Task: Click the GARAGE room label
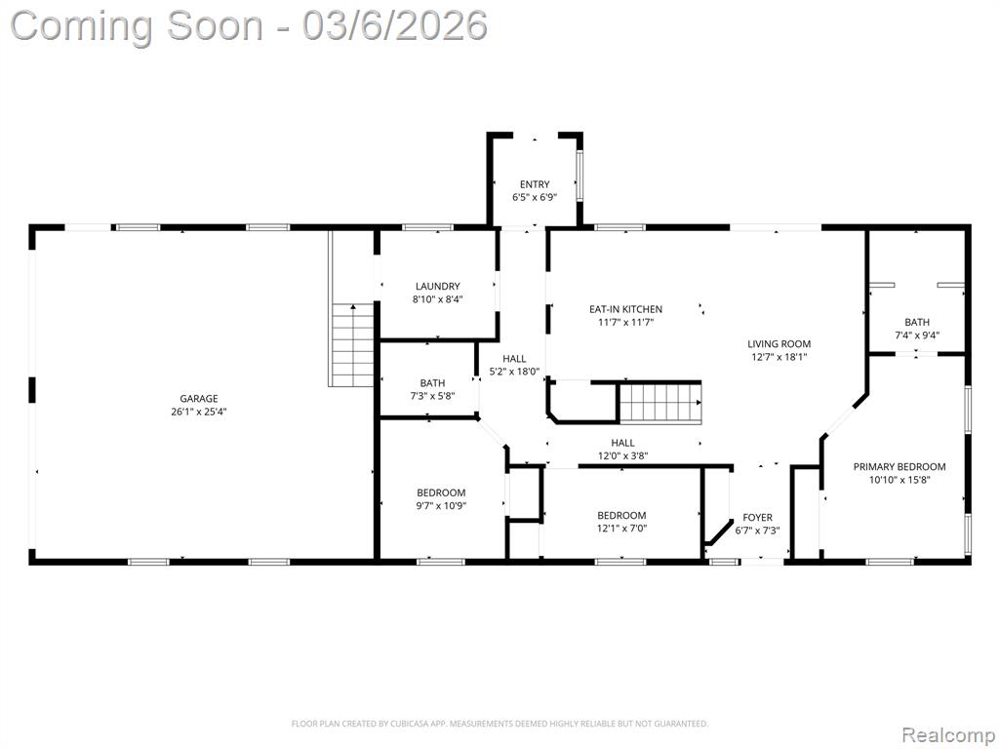tap(198, 399)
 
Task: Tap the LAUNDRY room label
tap(437, 287)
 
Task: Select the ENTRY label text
tap(535, 184)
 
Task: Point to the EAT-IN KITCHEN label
tap(625, 309)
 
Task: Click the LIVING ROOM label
tap(779, 344)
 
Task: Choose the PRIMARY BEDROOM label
tap(899, 467)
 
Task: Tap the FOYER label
tap(757, 518)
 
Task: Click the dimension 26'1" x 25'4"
tap(198, 413)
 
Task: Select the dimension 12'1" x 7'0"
tap(621, 529)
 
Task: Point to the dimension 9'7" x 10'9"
tap(441, 506)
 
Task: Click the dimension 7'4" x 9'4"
tap(917, 335)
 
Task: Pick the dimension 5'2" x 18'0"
tap(514, 372)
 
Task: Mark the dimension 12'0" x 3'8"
tap(622, 456)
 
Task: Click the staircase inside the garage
tap(351, 344)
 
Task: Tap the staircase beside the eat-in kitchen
tap(660, 403)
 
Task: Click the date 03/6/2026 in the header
tap(395, 26)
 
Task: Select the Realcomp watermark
tap(947, 734)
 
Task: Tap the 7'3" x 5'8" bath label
tap(432, 397)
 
